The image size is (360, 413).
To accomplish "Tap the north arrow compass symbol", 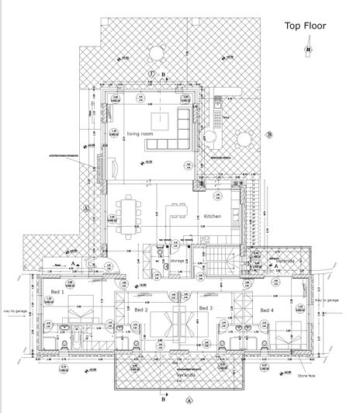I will pos(308,50).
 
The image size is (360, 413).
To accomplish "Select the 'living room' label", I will pos(140,134).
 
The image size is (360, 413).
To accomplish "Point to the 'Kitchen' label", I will pos(213,217).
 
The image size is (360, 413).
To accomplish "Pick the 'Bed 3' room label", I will pos(205,308).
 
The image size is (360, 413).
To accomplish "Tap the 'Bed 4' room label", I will pos(266,311).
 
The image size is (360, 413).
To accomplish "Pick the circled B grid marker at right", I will pos(269,135).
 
